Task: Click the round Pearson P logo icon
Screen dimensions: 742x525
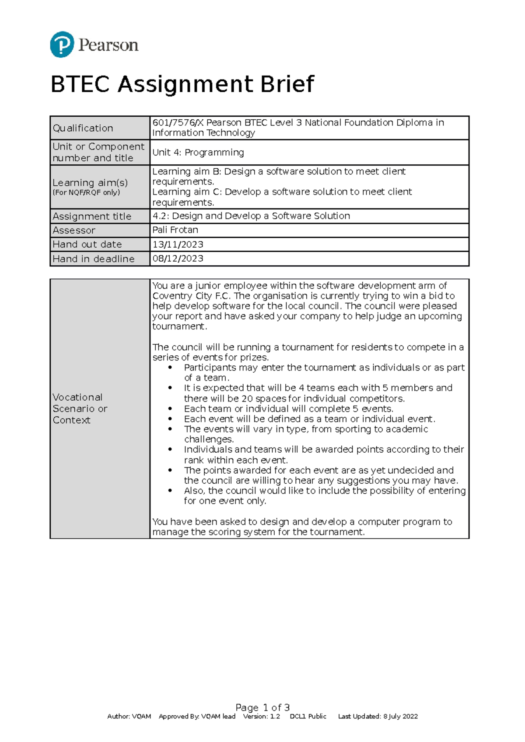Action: pos(62,45)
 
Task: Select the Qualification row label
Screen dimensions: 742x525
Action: pos(83,128)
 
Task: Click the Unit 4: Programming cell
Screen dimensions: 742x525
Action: pos(198,153)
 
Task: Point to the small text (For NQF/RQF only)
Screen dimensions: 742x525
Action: pos(86,193)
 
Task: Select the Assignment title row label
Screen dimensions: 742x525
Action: pos(92,216)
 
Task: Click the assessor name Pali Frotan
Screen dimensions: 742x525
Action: pos(175,230)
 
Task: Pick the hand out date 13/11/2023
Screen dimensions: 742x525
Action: pos(178,244)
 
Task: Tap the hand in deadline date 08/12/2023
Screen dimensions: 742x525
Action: pos(178,258)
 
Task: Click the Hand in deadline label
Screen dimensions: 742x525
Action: pos(93,259)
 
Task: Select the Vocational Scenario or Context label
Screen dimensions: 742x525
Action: pos(80,409)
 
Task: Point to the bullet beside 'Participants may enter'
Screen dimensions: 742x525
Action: pos(170,368)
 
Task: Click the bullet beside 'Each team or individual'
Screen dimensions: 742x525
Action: pos(170,409)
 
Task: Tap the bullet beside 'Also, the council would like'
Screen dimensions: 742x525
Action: pos(170,491)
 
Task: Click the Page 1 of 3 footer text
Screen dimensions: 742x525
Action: pos(262,707)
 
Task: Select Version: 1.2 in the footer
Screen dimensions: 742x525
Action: pos(261,716)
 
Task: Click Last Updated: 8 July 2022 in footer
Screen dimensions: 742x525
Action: pos(378,716)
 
